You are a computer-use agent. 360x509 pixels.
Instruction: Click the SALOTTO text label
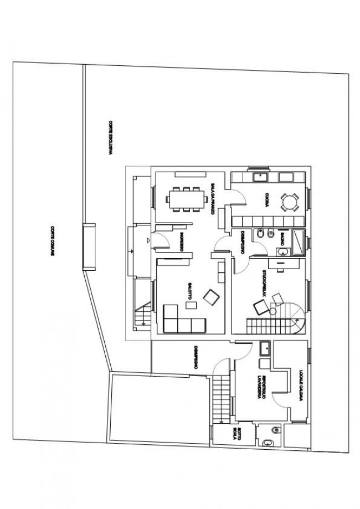190,290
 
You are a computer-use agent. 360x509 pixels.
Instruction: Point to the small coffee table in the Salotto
190,305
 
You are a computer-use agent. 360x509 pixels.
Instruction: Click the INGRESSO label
181,242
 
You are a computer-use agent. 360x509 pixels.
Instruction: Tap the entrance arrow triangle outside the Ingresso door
148,240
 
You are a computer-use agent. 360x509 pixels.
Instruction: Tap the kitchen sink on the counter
260,177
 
